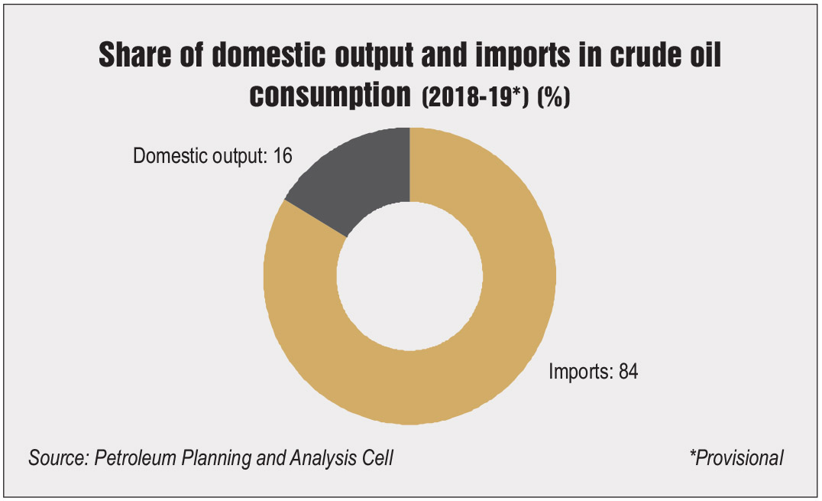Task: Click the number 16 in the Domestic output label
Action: pyautogui.click(x=283, y=156)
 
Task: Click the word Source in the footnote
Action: pyautogui.click(x=58, y=458)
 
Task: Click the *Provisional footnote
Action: pyautogui.click(x=736, y=458)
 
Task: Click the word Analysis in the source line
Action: pyautogui.click(x=323, y=458)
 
